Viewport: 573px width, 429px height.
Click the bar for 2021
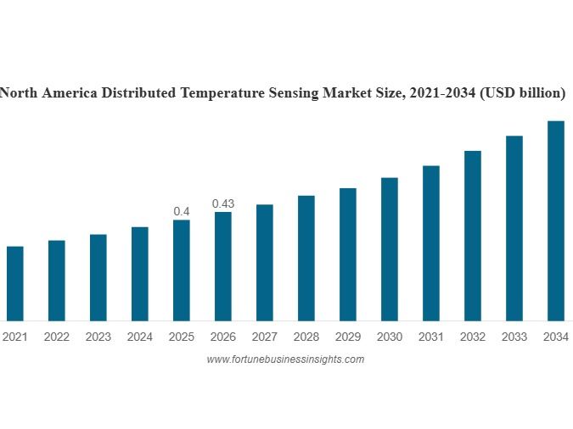pos(14,283)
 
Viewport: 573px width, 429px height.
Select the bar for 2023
pos(98,277)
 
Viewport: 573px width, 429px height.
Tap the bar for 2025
pos(181,270)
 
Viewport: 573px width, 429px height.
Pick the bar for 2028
pos(306,258)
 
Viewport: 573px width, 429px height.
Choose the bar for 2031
pos(430,243)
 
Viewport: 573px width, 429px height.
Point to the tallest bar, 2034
pos(555,220)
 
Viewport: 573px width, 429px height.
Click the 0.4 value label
pos(181,211)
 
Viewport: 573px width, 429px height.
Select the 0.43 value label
pos(222,203)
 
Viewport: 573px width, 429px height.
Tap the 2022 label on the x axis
pos(56,337)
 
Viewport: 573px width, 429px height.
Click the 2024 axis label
pos(139,337)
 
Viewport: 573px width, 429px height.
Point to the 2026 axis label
pos(222,337)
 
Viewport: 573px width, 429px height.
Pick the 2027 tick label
pos(264,337)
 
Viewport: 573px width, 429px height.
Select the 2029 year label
pos(347,337)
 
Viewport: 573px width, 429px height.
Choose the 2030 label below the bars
pos(389,337)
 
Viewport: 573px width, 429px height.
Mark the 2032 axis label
pos(472,337)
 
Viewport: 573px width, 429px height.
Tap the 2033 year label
pos(514,337)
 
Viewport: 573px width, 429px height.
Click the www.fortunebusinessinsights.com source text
pos(285,359)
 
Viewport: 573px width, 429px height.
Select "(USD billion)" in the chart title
pos(522,93)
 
